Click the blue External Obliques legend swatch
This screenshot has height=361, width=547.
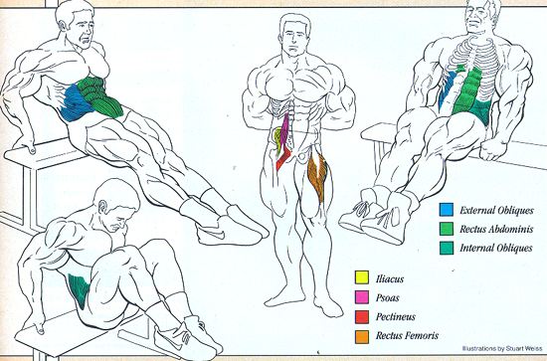447,210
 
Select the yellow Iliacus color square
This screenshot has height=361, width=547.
362,277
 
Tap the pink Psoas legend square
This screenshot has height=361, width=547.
362,296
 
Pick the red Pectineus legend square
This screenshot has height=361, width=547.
362,316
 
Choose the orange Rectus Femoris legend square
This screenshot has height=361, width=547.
362,337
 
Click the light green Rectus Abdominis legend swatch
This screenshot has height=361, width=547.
447,229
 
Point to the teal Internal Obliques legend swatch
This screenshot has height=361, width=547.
447,248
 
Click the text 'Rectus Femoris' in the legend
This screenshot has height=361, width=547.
407,335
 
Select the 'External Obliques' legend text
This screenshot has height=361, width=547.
496,210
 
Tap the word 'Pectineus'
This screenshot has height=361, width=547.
395,316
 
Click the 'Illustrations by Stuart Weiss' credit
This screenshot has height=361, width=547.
502,348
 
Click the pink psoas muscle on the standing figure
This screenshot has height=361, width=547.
286,131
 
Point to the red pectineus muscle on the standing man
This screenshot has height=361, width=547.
282,158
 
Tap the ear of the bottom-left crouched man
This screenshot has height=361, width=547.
102,207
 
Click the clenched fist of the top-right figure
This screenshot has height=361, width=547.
493,149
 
